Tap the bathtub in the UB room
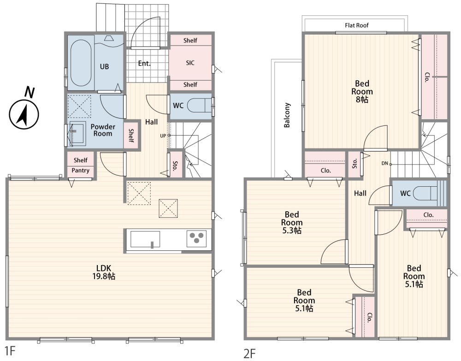click(81, 63)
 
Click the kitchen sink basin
click(145, 239)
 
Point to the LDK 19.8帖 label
click(104, 272)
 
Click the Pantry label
click(80, 171)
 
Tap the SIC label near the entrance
click(190, 63)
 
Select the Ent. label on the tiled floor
click(144, 63)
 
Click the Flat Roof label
click(357, 25)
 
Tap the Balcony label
click(287, 115)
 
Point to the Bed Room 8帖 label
click(362, 91)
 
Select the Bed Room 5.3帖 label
click(292, 222)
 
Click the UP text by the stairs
click(163, 136)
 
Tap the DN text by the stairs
click(385, 163)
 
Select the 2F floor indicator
click(249, 353)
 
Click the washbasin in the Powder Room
click(77, 133)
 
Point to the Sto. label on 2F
click(355, 164)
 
